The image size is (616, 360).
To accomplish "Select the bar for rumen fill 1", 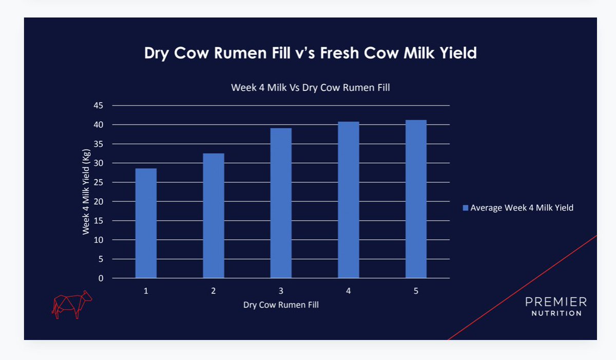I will point(146,223).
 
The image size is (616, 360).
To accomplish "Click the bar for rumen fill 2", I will point(213,216).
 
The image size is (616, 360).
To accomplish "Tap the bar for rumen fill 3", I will point(281,203).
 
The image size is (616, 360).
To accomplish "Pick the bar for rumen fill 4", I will point(349,200).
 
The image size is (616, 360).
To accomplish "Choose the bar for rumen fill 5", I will point(416,199).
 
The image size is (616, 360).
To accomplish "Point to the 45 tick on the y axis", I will point(98,106).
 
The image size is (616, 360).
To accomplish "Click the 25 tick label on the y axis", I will point(98,183).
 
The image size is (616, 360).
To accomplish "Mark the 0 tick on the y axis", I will point(101,278).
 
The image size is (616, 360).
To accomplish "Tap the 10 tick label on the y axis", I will point(98,240).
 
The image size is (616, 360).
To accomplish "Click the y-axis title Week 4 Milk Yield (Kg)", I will point(86,191).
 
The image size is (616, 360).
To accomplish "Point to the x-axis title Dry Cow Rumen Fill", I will point(281,305).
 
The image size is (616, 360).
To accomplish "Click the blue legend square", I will point(466,208).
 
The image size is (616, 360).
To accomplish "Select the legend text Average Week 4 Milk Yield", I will point(522,208).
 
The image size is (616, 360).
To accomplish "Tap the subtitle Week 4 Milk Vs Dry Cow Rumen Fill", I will point(310,88).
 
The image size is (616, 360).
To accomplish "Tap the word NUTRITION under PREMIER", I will point(556,313).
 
